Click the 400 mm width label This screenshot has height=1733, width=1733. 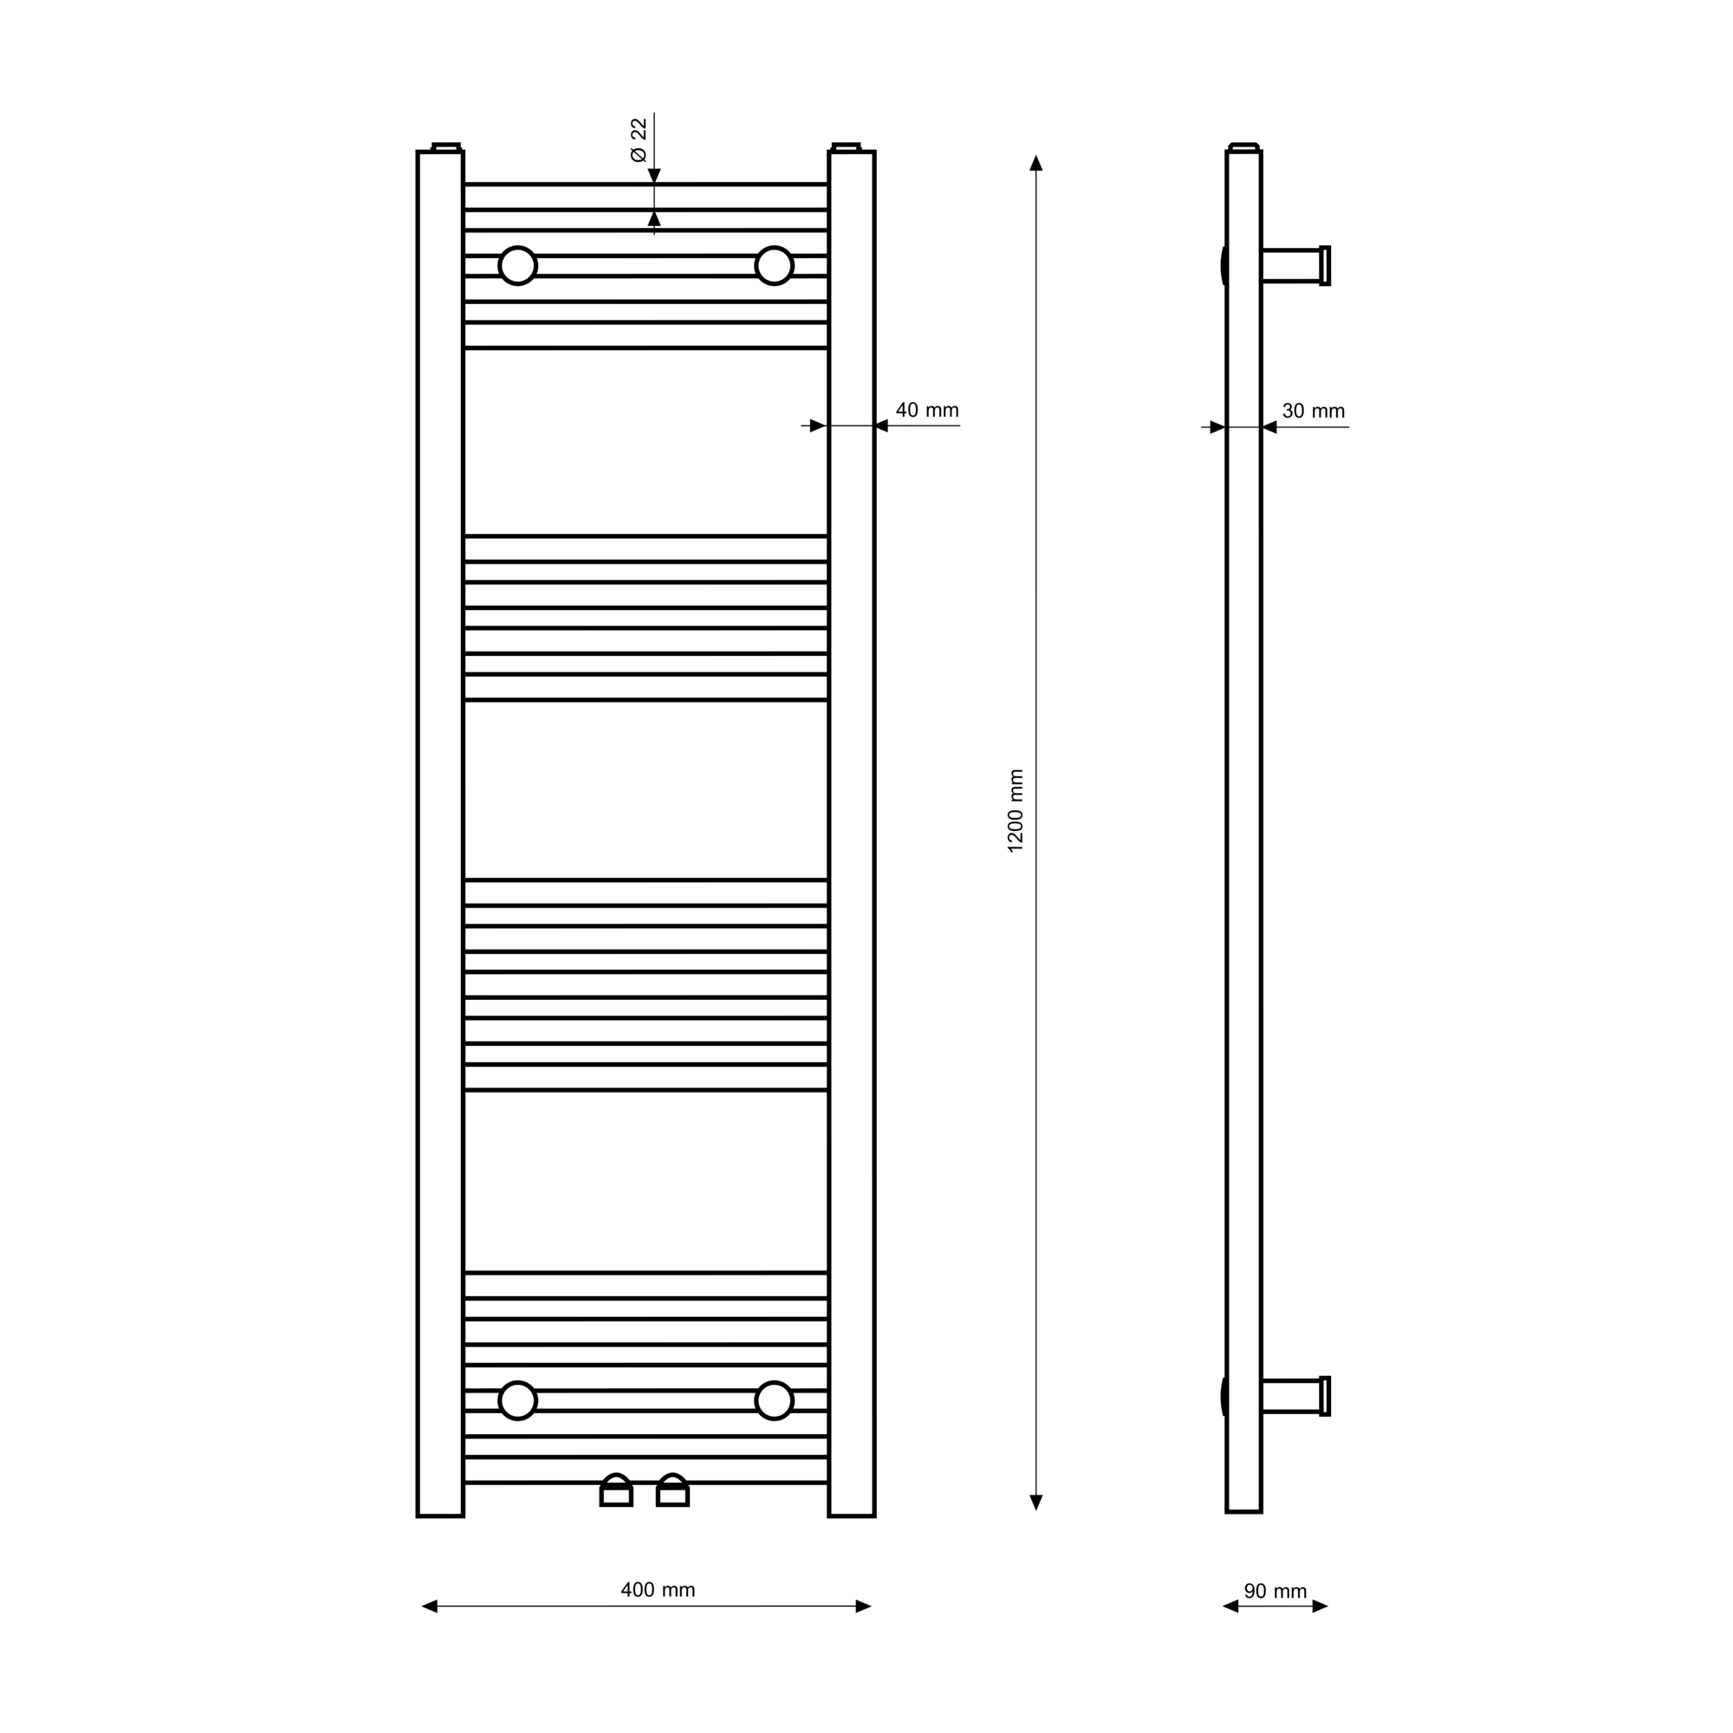pyautogui.click(x=658, y=1590)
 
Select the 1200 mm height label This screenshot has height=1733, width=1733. pyautogui.click(x=1016, y=811)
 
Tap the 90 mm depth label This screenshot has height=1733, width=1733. pyautogui.click(x=1275, y=1591)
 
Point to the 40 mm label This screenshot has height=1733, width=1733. pyautogui.click(x=926, y=410)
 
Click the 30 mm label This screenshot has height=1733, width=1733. pyautogui.click(x=1314, y=411)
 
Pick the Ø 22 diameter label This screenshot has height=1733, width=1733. pyautogui.click(x=639, y=140)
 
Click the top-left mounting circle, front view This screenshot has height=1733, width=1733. pyautogui.click(x=517, y=265)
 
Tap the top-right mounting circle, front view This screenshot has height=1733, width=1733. pyautogui.click(x=774, y=265)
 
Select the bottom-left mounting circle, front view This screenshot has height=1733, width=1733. pyautogui.click(x=517, y=1401)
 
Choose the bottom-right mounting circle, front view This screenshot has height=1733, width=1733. pyautogui.click(x=774, y=1401)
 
